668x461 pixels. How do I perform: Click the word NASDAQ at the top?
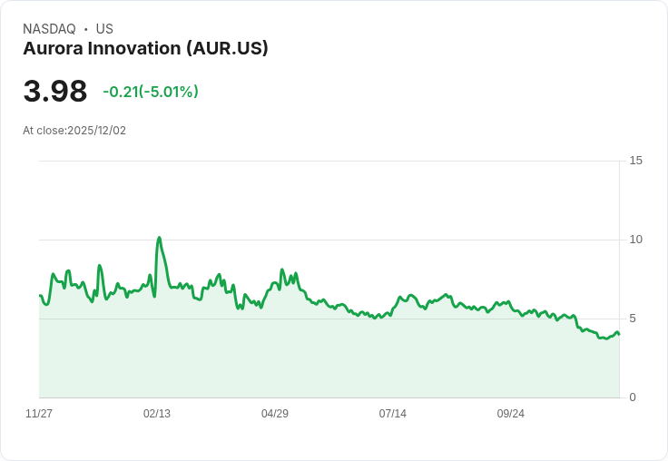49,29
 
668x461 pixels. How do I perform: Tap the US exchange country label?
104,29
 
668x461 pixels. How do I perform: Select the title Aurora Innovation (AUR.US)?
145,49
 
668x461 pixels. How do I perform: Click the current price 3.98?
55,92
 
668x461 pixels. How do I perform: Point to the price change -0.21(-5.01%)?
151,92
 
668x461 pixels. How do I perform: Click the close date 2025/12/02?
96,131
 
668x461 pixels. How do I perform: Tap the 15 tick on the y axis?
635,161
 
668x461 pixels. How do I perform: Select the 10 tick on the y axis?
635,240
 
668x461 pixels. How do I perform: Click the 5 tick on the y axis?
633,319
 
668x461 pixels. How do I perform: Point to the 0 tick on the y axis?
633,397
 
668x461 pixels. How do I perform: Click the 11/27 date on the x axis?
39,414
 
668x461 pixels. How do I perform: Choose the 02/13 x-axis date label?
157,414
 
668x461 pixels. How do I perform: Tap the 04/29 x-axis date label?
275,414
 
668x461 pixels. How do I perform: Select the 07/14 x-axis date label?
393,414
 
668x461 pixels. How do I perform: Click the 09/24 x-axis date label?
511,414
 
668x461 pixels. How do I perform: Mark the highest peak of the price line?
160,238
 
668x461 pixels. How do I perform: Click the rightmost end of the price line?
619,334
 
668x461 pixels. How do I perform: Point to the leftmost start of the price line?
40,295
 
